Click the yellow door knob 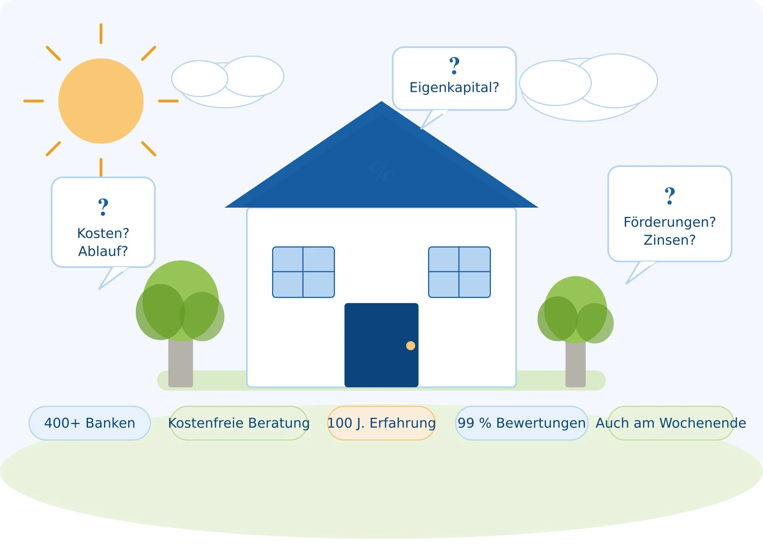point(410,346)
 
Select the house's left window point(303,272)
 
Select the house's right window point(459,272)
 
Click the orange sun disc point(101,101)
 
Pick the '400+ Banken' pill point(90,423)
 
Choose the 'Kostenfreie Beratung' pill point(239,423)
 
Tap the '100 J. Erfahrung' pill point(381,423)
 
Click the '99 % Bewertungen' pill point(521,423)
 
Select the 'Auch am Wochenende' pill point(671,423)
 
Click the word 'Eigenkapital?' point(454,87)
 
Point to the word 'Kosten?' point(103,234)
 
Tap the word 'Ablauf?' point(103,251)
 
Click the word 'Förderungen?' point(670,222)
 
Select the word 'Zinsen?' point(670,240)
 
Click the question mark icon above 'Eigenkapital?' point(455,66)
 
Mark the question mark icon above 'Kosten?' point(103,207)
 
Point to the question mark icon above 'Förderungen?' point(670,196)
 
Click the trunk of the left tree point(181,363)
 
